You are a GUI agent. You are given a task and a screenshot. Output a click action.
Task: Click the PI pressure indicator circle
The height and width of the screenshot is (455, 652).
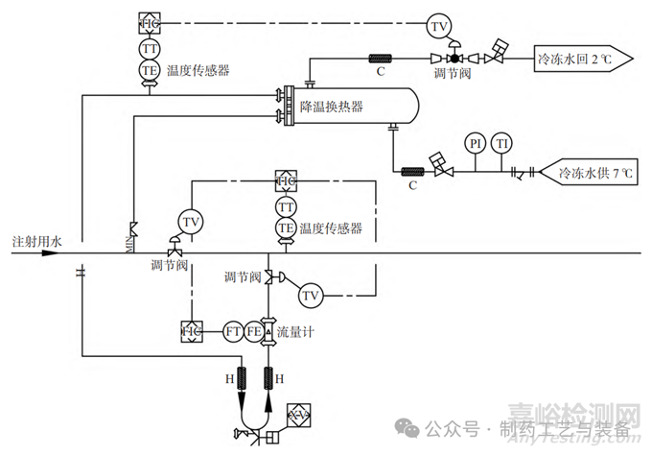click(475, 144)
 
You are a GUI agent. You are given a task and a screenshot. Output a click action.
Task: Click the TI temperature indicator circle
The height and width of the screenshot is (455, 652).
click(502, 144)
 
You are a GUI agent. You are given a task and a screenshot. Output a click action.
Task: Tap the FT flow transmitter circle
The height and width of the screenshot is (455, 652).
click(232, 331)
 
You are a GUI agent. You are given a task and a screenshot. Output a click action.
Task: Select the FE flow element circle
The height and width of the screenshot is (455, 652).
click(254, 331)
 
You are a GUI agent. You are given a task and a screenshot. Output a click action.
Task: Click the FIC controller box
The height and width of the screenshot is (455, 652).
click(190, 331)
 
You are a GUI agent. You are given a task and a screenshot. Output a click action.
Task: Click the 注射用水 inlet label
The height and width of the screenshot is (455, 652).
click(36, 240)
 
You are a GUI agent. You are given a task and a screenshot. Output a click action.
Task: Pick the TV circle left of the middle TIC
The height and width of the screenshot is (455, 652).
click(192, 223)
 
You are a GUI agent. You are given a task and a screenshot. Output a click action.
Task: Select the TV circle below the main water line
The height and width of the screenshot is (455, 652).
click(309, 296)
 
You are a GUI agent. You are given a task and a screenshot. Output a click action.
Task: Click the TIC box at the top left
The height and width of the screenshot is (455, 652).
click(151, 22)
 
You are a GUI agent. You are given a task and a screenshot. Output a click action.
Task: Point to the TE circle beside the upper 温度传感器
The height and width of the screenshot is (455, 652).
click(151, 70)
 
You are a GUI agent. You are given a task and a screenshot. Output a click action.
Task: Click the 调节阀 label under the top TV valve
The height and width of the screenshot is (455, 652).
click(451, 72)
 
